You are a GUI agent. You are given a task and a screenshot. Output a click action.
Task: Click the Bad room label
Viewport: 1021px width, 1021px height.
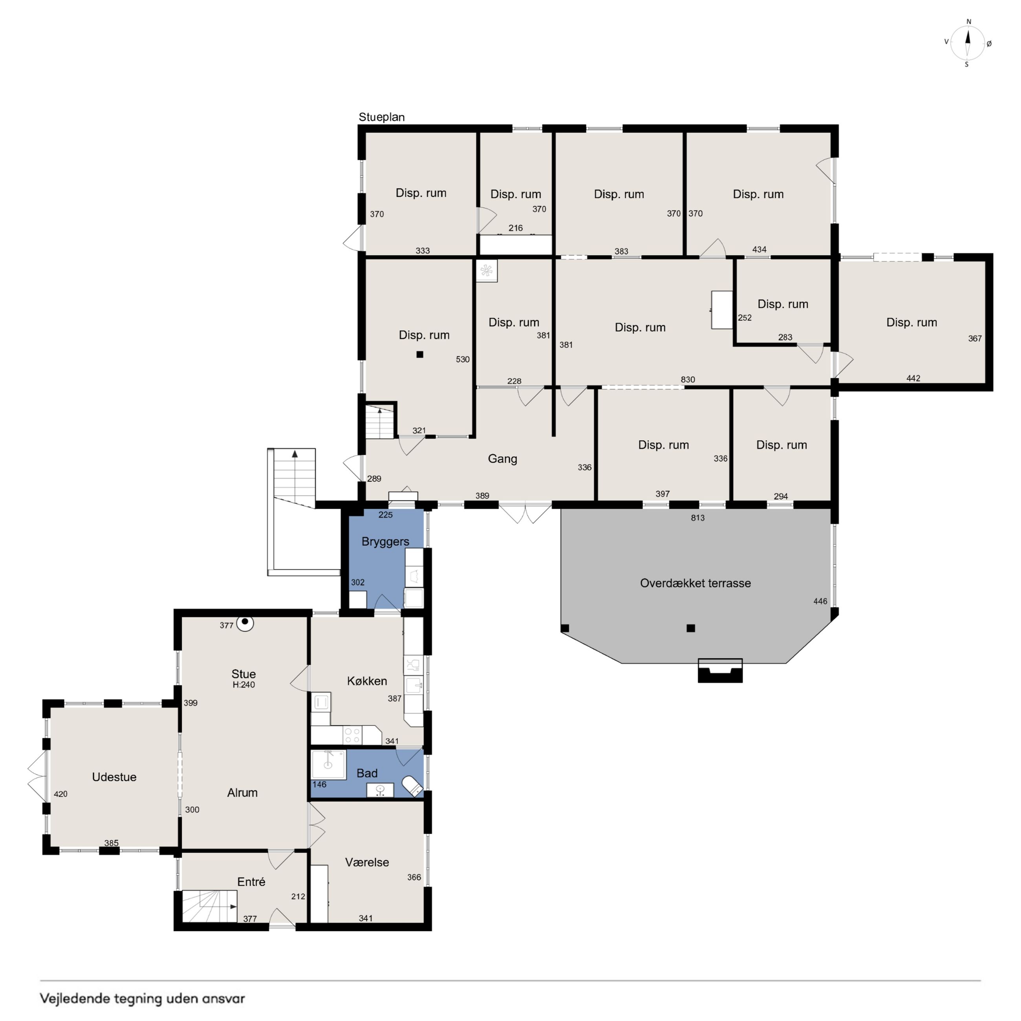point(367,774)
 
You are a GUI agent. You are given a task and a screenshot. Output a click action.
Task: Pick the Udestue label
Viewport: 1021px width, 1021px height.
point(114,777)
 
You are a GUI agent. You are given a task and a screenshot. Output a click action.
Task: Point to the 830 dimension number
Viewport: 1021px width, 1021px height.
point(688,379)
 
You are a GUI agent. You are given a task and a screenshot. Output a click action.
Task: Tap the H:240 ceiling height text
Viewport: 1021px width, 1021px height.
point(243,685)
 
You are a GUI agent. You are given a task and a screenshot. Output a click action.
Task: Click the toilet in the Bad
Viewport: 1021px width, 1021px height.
point(413,786)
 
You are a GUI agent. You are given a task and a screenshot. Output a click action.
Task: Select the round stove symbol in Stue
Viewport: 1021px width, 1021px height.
point(245,623)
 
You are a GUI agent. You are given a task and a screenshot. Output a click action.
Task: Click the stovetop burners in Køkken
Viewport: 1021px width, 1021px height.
point(352,736)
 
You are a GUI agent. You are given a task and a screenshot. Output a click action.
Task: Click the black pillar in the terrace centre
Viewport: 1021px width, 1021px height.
point(691,628)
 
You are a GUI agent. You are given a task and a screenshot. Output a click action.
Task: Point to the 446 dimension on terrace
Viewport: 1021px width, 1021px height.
point(820,601)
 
